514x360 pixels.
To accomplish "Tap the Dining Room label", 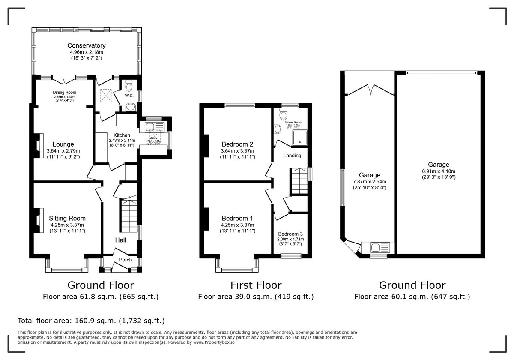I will [64, 92].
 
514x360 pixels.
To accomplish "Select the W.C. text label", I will [129, 96].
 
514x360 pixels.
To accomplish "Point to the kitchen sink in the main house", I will [150, 127].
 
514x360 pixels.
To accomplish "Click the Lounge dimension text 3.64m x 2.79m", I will [63, 151].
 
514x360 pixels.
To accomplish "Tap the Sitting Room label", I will [67, 218].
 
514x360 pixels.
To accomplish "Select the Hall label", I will [120, 240].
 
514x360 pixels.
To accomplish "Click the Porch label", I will [126, 260].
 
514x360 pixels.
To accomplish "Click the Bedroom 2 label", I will [237, 144].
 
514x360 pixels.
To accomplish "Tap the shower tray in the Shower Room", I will [300, 136].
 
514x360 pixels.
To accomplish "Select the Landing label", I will [292, 155].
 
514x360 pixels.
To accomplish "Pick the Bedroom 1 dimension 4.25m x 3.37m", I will [237, 225].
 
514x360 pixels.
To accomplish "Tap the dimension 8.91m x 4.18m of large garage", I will [438, 171].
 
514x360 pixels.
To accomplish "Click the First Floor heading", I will [256, 285].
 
